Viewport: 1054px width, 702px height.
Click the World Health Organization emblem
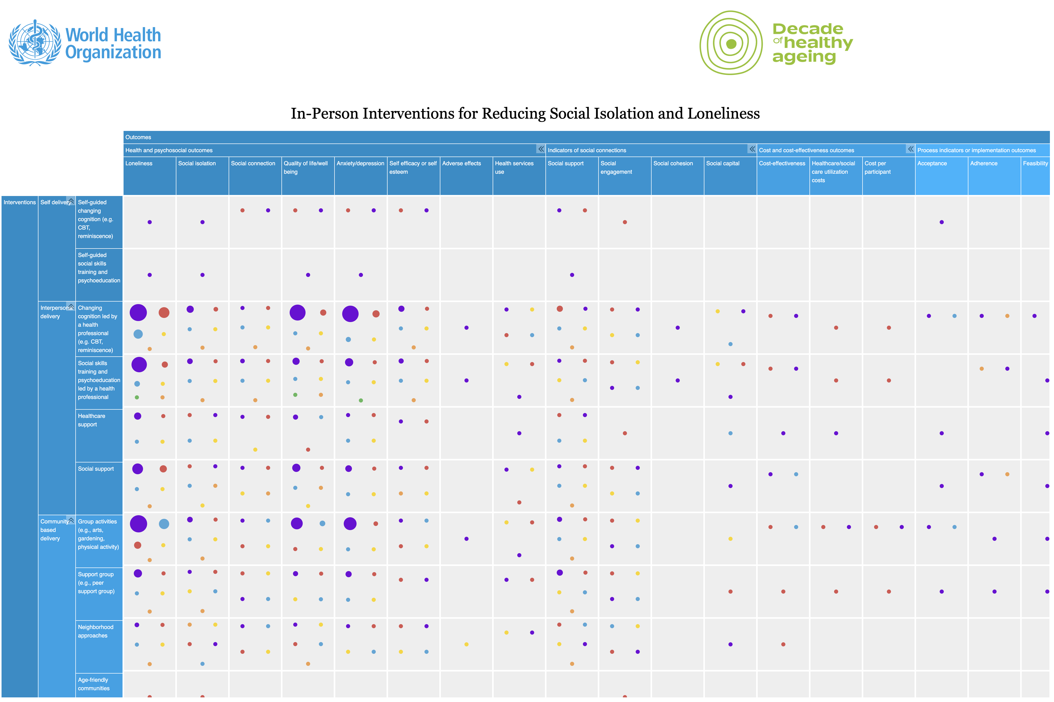coord(35,43)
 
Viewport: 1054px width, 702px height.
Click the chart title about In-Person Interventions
coord(525,114)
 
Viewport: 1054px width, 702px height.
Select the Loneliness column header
coord(139,163)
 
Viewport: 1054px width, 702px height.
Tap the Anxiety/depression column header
coord(360,163)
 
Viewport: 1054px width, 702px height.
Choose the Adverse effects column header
coord(461,163)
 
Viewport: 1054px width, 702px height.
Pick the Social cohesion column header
coord(673,163)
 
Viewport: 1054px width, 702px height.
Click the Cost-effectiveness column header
coord(782,163)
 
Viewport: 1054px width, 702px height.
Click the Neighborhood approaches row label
coord(95,631)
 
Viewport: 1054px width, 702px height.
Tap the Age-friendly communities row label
coord(93,684)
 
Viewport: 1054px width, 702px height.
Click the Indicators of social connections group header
coord(587,150)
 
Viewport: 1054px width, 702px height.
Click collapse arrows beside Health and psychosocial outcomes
coord(541,149)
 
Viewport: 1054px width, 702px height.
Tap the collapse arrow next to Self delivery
coord(71,201)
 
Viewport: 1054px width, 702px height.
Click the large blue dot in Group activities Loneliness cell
coord(164,524)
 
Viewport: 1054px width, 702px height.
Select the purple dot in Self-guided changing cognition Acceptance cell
coord(941,222)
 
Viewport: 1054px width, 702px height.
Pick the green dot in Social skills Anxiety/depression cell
coord(361,400)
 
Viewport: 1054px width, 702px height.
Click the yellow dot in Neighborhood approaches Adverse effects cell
coord(466,644)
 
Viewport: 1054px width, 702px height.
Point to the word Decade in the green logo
coord(808,29)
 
